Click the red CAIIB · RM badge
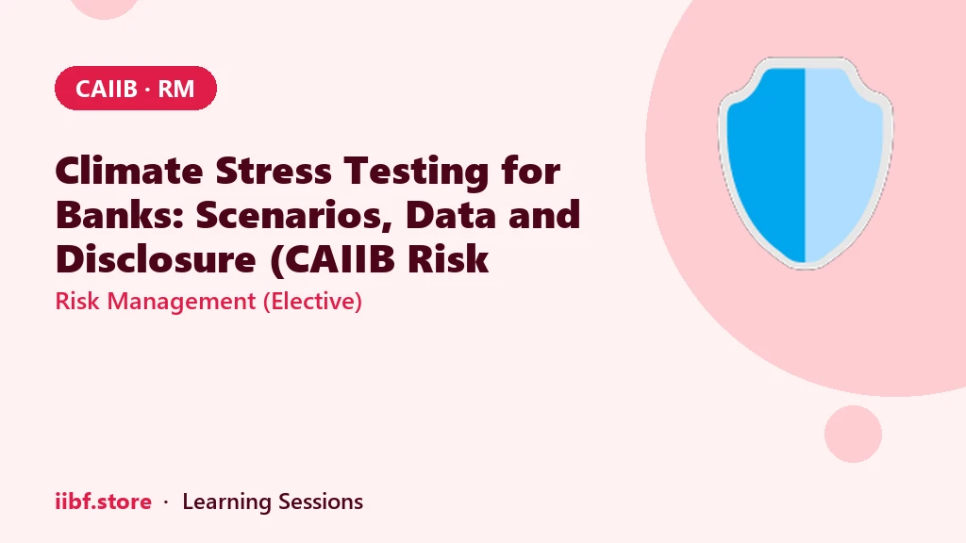tap(136, 88)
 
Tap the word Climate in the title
tap(128, 171)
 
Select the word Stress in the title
tap(274, 171)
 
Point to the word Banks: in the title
tap(120, 215)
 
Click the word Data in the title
tap(451, 215)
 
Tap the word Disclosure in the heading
tap(156, 258)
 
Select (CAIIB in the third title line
tap(332, 259)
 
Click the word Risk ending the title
tap(448, 258)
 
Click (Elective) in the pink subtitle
tap(312, 301)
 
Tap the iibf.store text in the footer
tap(104, 502)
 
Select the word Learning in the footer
tap(226, 502)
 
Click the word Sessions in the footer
tap(321, 502)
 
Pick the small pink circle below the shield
tap(853, 434)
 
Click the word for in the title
tap(531, 171)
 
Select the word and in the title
tap(544, 215)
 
